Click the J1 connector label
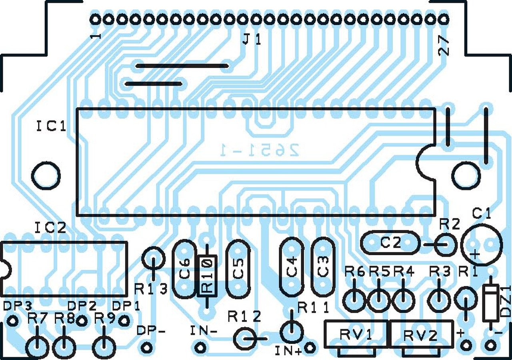coord(252,40)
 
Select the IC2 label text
coord(50,228)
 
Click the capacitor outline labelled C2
coord(390,242)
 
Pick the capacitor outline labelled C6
coord(184,269)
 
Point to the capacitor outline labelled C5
coord(238,269)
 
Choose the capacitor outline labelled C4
coord(292,267)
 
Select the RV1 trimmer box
coord(356,334)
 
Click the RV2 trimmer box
coord(422,334)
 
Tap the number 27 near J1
coord(444,47)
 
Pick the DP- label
coord(151,331)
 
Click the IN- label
coord(204,331)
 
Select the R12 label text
coord(244,317)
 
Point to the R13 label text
coord(150,289)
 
